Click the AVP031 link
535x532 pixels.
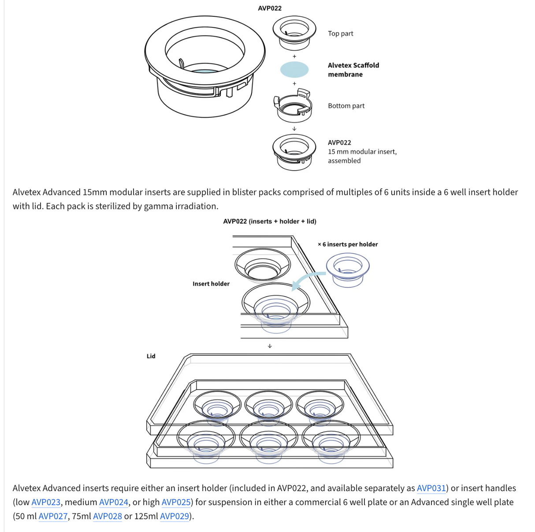tap(431, 488)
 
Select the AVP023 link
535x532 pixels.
tap(46, 502)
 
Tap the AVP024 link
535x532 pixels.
tap(114, 502)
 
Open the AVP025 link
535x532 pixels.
tap(176, 502)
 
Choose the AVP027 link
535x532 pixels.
tap(53, 517)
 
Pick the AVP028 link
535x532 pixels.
tap(108, 517)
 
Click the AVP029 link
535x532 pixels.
tap(175, 517)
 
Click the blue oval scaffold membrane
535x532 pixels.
tap(294, 70)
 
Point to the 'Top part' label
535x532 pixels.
tap(341, 33)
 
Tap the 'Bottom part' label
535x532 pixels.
tap(346, 106)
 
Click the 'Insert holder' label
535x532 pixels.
tap(211, 284)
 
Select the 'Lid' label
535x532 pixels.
tap(151, 356)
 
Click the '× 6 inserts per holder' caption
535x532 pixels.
tap(348, 244)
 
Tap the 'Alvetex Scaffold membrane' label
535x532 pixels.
tap(353, 70)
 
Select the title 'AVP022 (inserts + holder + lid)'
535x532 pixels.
tap(270, 221)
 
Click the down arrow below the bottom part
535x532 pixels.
tap(294, 129)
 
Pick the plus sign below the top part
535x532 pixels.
tap(294, 56)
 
